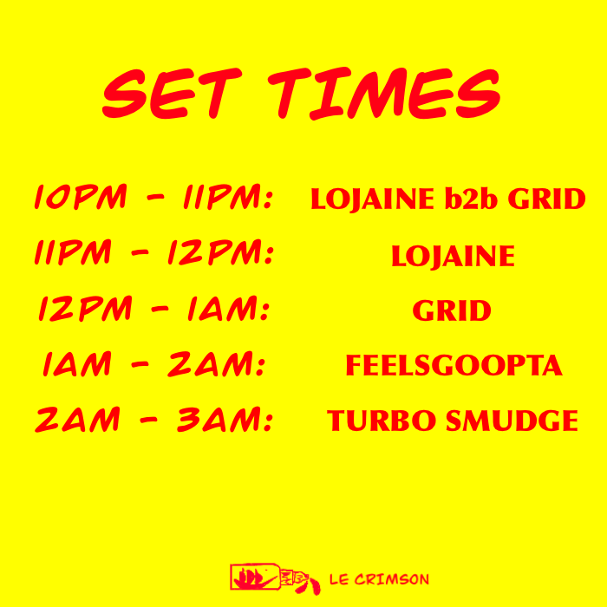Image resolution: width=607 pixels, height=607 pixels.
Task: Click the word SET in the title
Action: point(173,94)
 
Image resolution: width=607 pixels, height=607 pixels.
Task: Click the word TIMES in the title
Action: point(384,94)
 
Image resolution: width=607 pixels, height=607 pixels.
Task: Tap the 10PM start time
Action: point(81,197)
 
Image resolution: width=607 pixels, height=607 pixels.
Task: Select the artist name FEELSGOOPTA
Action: point(454,365)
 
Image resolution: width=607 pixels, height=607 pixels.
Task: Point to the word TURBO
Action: point(382,421)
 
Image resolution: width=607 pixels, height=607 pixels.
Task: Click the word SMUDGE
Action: point(512,421)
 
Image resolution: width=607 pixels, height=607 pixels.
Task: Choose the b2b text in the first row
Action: point(471,199)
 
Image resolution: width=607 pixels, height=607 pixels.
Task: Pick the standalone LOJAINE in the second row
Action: point(453,257)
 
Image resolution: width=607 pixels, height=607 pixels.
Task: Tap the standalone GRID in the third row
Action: point(452,310)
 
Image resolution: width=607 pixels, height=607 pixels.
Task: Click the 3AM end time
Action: point(225,419)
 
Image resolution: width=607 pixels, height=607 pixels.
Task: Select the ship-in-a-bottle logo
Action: point(275,579)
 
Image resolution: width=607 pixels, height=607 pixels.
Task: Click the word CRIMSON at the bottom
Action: point(392,579)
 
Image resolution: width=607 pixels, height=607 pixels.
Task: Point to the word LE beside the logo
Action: point(339,579)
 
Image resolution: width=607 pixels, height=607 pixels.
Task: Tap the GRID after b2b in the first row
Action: point(546,199)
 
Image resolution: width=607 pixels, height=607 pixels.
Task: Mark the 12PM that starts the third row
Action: point(86,309)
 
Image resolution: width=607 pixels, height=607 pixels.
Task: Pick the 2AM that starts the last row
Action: point(78,419)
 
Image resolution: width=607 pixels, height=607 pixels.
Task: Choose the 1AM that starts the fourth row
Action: point(77,364)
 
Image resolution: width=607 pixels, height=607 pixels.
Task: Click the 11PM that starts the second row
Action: point(73,252)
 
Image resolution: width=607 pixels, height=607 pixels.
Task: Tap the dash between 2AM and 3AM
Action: point(148,420)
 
